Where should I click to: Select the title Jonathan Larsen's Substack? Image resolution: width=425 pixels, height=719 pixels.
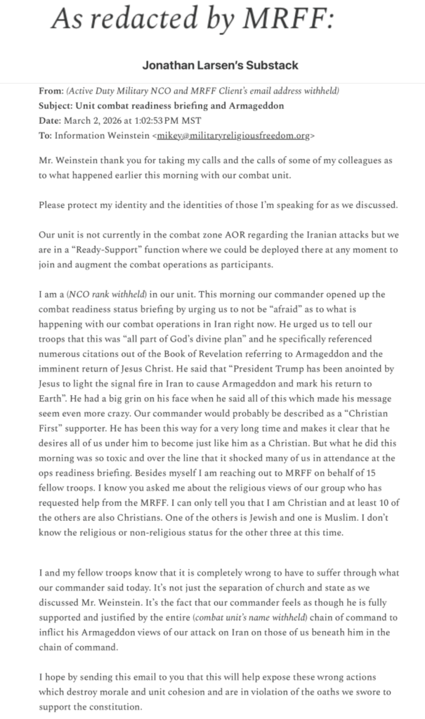click(x=220, y=65)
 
